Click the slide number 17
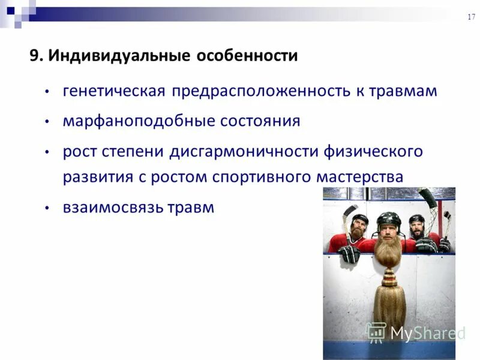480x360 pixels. coord(471,17)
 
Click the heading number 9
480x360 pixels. coord(35,56)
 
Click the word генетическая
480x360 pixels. coord(114,91)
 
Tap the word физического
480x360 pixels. coord(374,151)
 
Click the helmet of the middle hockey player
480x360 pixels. coord(388,220)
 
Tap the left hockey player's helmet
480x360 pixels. coord(359,220)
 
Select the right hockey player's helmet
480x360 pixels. coord(416,220)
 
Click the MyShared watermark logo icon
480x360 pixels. coord(376,332)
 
